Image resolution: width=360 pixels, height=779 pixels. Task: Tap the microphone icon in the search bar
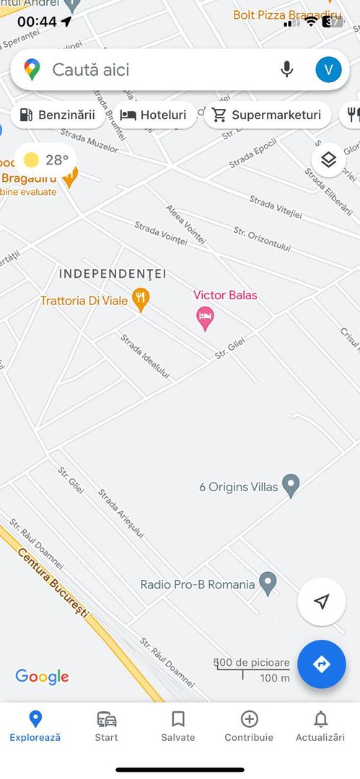click(x=286, y=69)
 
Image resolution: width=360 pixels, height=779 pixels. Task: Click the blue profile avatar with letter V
click(x=328, y=69)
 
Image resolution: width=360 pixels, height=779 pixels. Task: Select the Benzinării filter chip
click(x=58, y=115)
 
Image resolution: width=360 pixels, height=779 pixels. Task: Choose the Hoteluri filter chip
click(x=154, y=115)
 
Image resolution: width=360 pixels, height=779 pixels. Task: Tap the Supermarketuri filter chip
click(x=267, y=115)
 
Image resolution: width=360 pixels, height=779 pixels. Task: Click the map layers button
click(x=328, y=159)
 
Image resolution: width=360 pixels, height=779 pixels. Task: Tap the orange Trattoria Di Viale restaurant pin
click(x=141, y=300)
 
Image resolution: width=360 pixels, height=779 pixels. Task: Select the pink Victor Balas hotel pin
click(x=206, y=317)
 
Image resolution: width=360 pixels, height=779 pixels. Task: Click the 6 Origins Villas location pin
click(x=291, y=485)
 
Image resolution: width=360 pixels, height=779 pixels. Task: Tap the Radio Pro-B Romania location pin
click(x=268, y=583)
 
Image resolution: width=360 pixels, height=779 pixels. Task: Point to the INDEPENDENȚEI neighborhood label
click(x=113, y=274)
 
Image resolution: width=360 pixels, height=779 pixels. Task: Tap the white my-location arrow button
click(x=322, y=602)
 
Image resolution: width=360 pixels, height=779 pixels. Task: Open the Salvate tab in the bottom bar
click(x=177, y=725)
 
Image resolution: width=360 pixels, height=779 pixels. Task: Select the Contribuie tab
click(x=249, y=725)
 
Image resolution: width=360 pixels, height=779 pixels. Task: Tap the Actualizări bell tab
click(x=320, y=725)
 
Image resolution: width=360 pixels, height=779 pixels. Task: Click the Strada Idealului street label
click(x=145, y=356)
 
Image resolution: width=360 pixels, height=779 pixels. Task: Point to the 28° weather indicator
click(x=45, y=159)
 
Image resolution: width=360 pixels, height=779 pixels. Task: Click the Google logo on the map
click(x=43, y=677)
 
